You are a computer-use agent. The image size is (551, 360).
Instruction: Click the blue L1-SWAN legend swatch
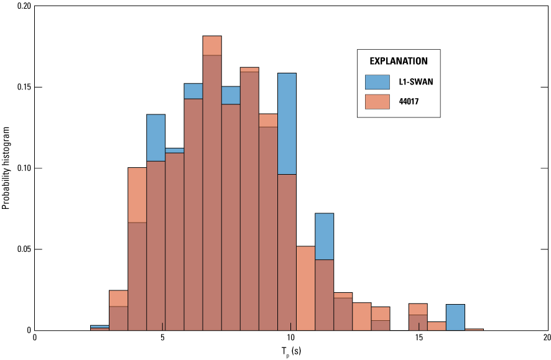tap(377, 81)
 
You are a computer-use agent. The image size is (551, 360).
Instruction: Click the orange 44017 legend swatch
tap(377, 101)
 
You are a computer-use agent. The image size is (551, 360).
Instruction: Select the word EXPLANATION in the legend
tap(399, 61)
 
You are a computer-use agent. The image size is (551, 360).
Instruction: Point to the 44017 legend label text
tap(408, 102)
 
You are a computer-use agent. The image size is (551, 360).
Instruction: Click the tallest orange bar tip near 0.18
tap(212, 37)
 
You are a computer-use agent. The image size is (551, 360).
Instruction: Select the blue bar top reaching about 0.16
tap(287, 74)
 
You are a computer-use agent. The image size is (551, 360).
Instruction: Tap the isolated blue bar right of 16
tap(455, 317)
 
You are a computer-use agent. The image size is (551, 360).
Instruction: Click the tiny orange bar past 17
tap(474, 329)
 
